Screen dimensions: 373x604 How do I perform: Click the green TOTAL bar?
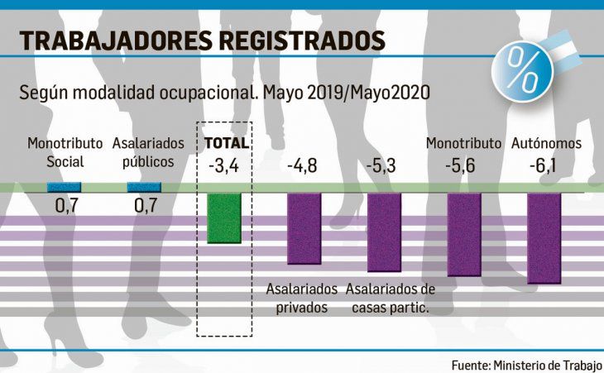(x=223, y=218)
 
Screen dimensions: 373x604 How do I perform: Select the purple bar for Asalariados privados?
(x=304, y=228)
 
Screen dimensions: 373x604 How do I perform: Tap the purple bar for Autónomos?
(x=544, y=237)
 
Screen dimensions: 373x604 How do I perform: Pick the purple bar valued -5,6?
(x=464, y=233)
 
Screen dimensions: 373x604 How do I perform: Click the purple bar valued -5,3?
(x=384, y=232)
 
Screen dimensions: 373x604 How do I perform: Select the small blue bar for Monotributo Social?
(x=64, y=188)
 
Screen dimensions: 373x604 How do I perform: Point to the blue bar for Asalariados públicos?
(x=144, y=188)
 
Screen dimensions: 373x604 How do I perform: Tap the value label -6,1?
(x=544, y=165)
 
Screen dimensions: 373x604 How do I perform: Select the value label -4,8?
(x=304, y=165)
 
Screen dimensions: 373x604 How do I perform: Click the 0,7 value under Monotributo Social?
(x=65, y=204)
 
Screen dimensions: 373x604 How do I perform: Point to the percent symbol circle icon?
(x=520, y=69)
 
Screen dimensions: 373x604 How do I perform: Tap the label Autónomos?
(x=545, y=143)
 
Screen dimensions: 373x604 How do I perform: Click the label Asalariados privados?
(x=302, y=299)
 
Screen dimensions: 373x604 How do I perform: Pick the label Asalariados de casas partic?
(x=391, y=299)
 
